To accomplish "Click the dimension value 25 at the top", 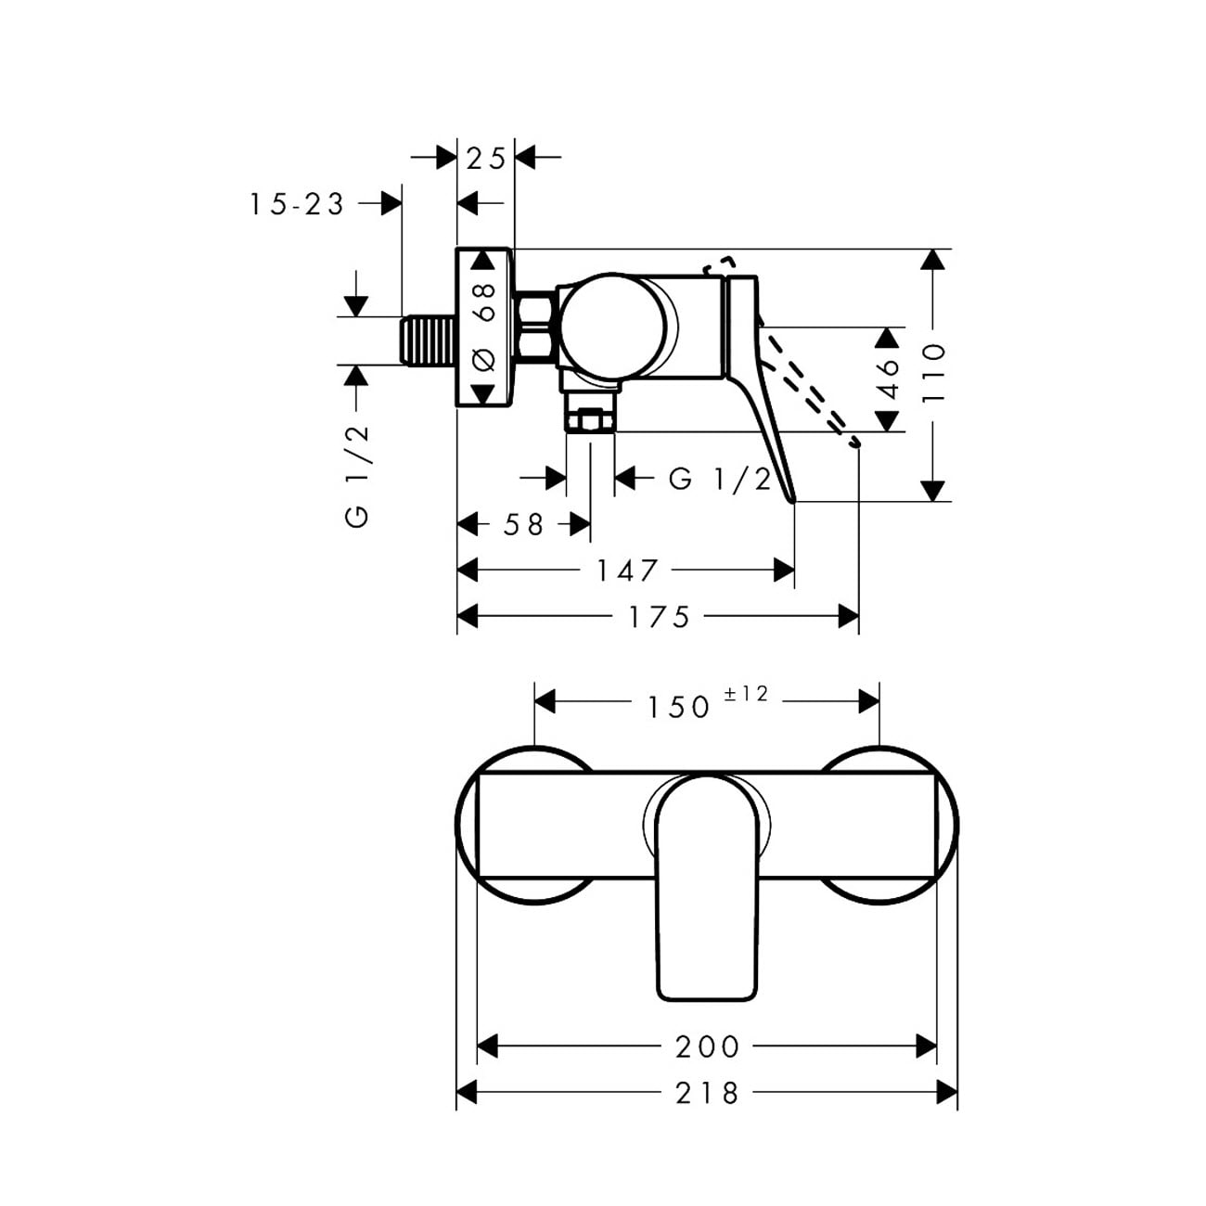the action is (x=486, y=159).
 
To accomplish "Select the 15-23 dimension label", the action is (x=297, y=204).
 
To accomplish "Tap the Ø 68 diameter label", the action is (x=483, y=328).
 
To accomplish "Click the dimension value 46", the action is (x=887, y=378).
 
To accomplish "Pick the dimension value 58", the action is (x=523, y=524).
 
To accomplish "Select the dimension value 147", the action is (x=627, y=571).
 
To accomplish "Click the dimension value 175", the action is (x=659, y=617).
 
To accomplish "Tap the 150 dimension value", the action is (x=678, y=707).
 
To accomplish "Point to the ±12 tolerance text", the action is (x=745, y=693).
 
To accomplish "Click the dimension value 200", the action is (x=707, y=1046).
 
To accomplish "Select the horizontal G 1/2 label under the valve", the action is (x=720, y=480).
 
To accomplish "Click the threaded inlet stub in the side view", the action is (x=427, y=340).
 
